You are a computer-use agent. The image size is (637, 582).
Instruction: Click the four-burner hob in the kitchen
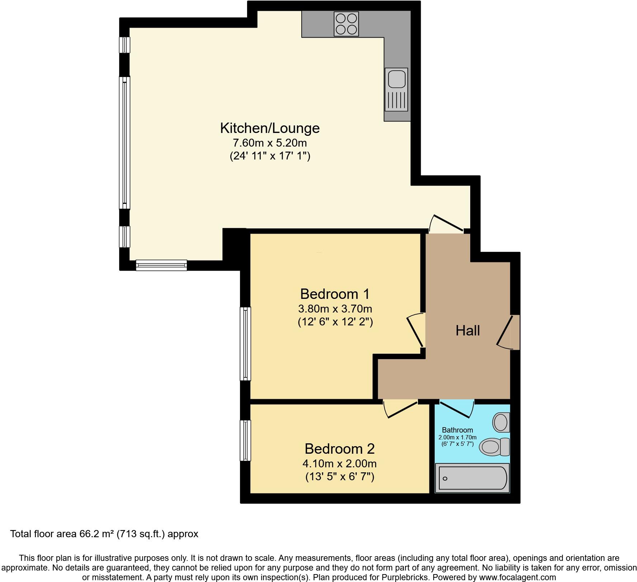[346, 24]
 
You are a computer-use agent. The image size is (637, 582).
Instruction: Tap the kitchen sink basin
[396, 78]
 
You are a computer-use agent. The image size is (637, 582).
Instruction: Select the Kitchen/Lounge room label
[270, 128]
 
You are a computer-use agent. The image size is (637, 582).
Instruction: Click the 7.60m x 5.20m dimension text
[270, 143]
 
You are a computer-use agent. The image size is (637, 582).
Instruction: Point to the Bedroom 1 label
[335, 294]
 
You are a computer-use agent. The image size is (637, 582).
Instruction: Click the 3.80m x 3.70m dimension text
[335, 309]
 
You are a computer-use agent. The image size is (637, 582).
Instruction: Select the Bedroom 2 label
[339, 449]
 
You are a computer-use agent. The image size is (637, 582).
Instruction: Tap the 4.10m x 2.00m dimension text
[339, 464]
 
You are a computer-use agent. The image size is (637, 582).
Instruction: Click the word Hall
[467, 330]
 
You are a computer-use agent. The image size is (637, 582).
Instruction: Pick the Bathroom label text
[457, 430]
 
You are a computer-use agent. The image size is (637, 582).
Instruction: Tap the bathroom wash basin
[501, 422]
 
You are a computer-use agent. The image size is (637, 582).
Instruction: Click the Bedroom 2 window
[245, 440]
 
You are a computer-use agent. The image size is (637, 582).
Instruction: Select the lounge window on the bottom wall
[161, 265]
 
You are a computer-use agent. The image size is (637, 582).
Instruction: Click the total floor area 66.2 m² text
[104, 534]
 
